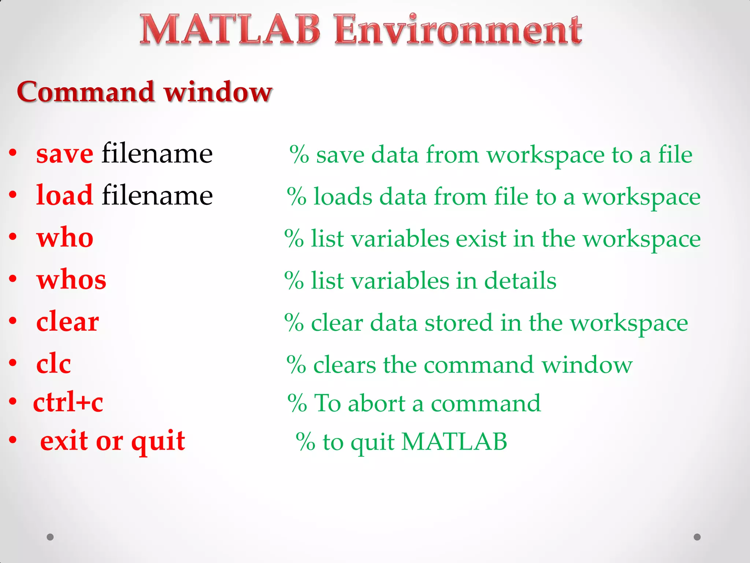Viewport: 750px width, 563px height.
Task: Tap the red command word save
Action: [x=64, y=154]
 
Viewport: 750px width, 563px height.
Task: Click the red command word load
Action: [x=64, y=195]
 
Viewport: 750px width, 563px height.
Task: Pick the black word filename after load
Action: [x=157, y=195]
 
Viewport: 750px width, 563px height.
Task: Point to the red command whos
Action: [x=71, y=279]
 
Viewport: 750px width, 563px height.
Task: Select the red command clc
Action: [x=53, y=364]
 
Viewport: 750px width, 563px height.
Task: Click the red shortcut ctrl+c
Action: [x=68, y=402]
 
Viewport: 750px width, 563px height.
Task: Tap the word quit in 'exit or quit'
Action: [x=158, y=441]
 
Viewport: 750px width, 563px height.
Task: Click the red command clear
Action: [x=67, y=321]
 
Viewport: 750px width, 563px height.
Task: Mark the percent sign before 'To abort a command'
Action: [x=297, y=403]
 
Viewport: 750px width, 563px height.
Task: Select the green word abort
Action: [x=376, y=403]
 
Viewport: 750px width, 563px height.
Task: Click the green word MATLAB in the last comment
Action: [x=454, y=442]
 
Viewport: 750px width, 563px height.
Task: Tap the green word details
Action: [x=520, y=281]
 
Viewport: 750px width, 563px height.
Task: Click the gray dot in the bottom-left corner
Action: [x=50, y=537]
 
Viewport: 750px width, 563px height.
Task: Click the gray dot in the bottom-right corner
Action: [x=697, y=537]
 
